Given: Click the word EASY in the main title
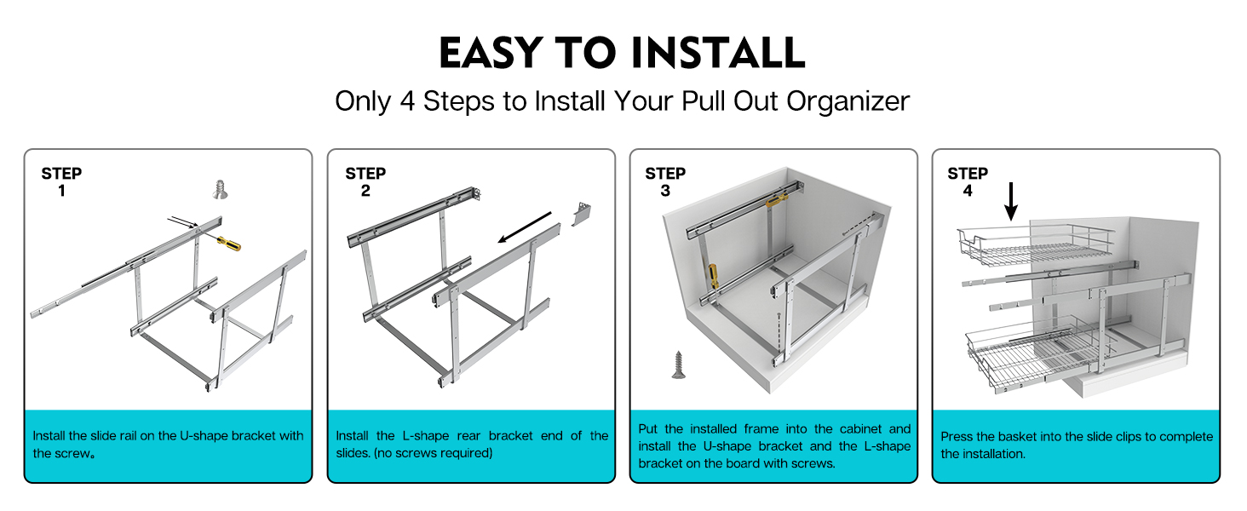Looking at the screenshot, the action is point(491,52).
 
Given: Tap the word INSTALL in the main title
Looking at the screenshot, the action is point(717,52).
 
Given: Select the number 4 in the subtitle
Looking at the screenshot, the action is point(407,101).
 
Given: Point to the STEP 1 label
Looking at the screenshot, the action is point(61,182).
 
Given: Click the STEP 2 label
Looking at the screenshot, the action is point(365,182).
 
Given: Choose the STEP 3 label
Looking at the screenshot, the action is point(665,182).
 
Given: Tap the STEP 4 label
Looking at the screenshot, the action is point(968,182).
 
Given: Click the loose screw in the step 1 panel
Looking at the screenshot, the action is point(221,189).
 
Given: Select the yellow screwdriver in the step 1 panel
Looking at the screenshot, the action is point(227,242).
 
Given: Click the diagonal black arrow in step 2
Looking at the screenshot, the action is point(525,227).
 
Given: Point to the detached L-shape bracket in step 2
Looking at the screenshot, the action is point(582,213).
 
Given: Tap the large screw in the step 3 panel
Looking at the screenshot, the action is point(678,365).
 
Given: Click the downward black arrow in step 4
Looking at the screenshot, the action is point(1011,201).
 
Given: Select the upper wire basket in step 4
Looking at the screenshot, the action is point(1036,245).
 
